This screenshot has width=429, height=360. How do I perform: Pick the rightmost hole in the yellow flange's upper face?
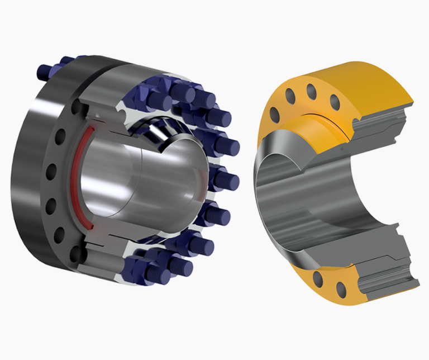coord(335,102)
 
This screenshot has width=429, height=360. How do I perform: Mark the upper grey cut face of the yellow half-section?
coord(385,129)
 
